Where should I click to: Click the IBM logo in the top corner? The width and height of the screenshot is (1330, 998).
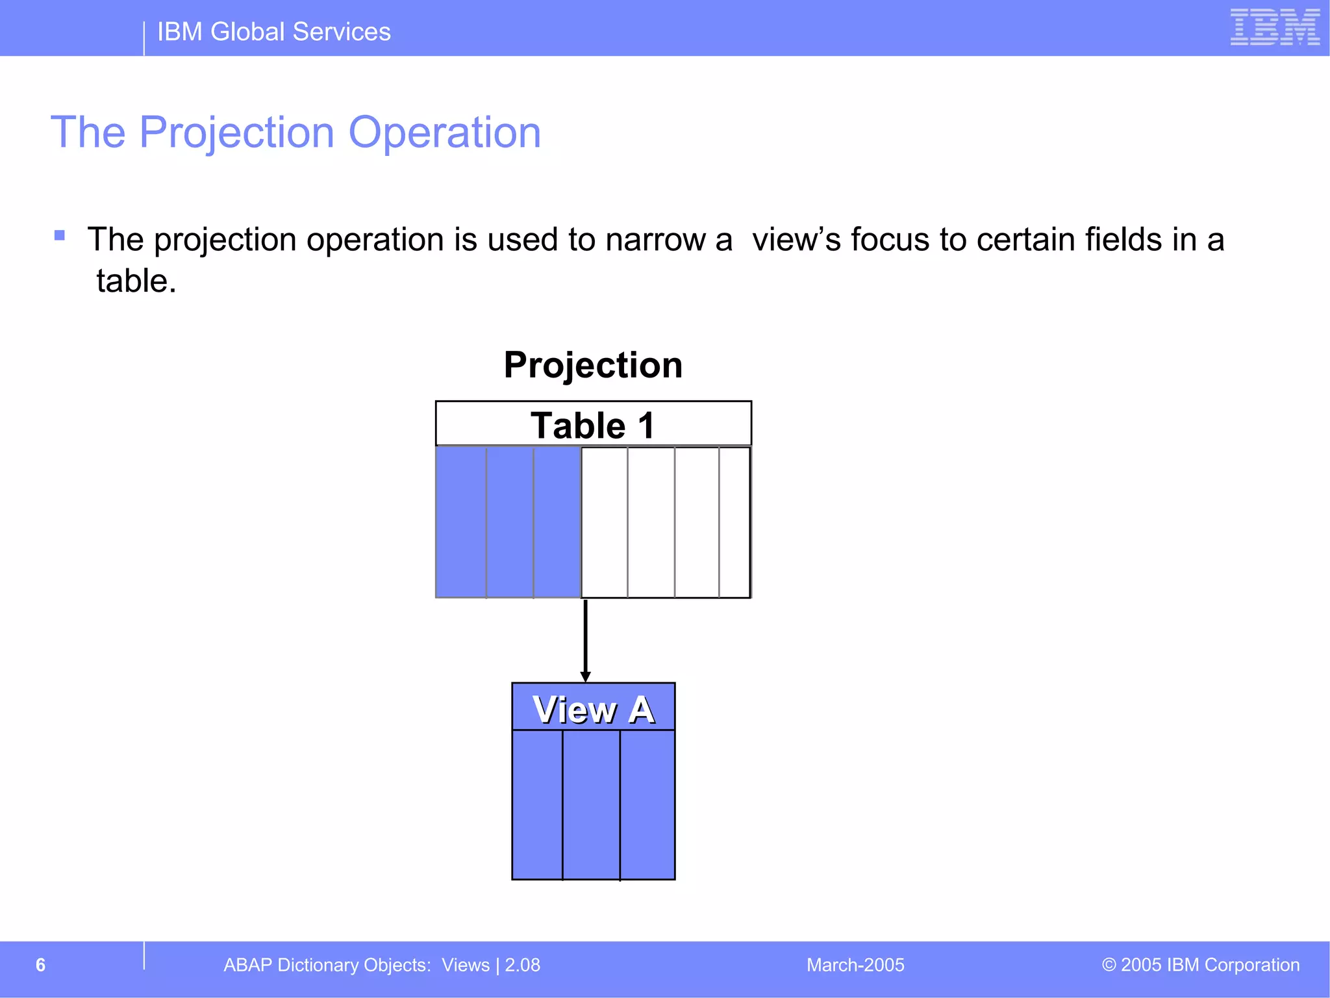[1275, 27]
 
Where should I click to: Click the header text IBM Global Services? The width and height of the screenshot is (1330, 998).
[273, 32]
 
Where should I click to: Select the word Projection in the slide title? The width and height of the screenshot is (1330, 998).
[236, 133]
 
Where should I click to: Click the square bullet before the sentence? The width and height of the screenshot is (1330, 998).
[60, 235]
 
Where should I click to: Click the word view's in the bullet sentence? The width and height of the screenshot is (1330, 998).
[796, 240]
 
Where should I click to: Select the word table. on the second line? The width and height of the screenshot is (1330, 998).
[136, 281]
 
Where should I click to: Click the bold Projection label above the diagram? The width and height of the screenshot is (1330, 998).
[593, 365]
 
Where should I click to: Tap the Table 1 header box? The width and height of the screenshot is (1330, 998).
[593, 425]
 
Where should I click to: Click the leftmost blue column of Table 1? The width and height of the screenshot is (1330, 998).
[461, 522]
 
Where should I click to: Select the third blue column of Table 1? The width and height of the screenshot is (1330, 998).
[557, 522]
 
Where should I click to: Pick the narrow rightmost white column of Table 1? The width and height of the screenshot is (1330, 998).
[734, 522]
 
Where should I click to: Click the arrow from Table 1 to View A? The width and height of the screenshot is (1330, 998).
[585, 640]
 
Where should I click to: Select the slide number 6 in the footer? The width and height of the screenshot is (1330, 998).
[40, 965]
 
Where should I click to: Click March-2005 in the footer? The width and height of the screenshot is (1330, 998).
[855, 965]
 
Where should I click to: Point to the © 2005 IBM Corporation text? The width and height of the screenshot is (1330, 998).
[1200, 965]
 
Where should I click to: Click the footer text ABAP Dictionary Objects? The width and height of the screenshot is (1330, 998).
[327, 965]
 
